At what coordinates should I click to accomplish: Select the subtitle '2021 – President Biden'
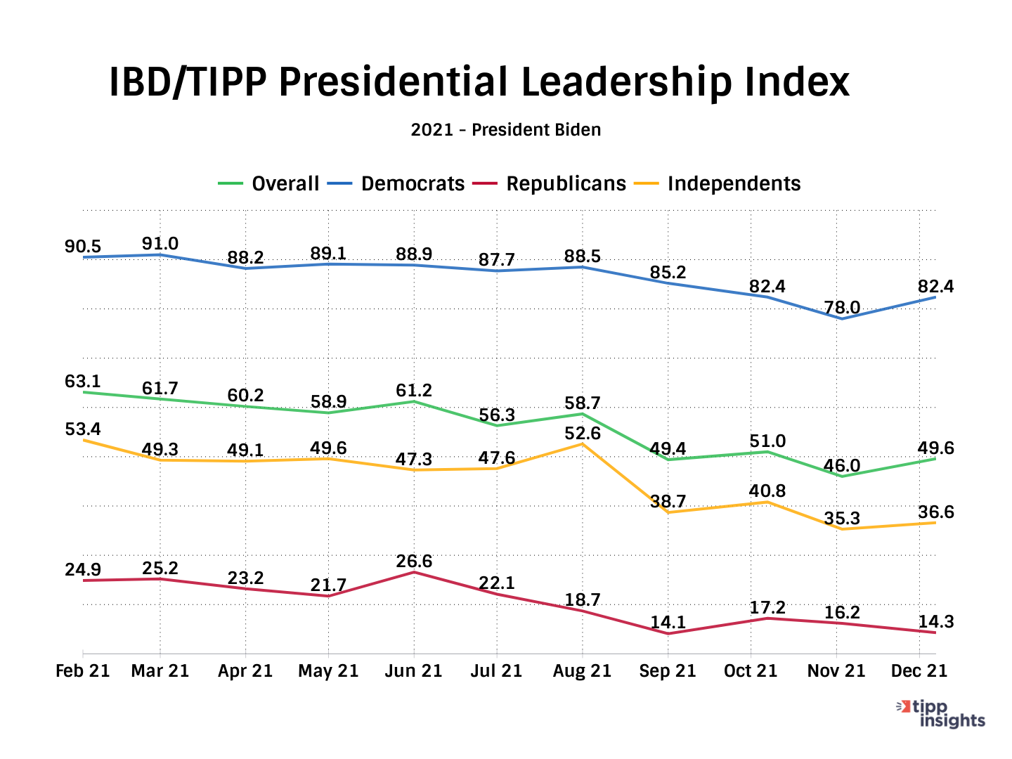[506, 130]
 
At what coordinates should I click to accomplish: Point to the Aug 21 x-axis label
[582, 671]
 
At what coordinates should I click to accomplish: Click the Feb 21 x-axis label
[83, 671]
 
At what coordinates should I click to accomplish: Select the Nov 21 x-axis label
[836, 671]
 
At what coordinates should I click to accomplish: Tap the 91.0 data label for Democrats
[160, 244]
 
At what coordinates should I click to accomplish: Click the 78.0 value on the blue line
[842, 308]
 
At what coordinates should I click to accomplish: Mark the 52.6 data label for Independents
[583, 434]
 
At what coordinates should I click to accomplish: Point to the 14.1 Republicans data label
[668, 623]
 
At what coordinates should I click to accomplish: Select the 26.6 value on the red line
[414, 562]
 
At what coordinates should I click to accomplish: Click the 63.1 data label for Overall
[83, 382]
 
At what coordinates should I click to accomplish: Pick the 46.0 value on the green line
[842, 465]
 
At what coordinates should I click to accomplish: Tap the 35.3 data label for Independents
[842, 519]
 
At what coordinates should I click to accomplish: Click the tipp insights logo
[943, 713]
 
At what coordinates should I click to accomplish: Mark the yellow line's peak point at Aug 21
[583, 444]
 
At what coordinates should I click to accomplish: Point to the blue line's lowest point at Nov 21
[841, 319]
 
